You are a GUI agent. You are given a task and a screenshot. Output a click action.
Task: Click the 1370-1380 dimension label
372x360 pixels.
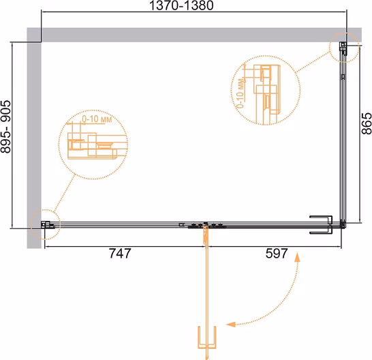(181, 5)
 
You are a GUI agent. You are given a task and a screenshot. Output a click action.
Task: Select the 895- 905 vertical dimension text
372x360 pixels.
(6, 127)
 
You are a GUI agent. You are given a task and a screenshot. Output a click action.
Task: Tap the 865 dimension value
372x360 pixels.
(367, 123)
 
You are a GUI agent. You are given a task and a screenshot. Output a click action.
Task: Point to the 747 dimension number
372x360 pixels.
(120, 254)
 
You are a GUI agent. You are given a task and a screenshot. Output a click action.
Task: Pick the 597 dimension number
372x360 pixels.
(277, 254)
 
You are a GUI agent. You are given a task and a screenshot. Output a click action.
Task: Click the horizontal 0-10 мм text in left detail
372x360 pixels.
(97, 119)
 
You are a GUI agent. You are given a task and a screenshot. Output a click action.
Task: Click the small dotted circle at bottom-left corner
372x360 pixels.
(46, 224)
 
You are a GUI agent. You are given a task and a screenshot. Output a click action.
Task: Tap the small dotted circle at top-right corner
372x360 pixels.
(344, 48)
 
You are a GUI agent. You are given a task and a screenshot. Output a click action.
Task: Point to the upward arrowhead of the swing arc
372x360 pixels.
(297, 256)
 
